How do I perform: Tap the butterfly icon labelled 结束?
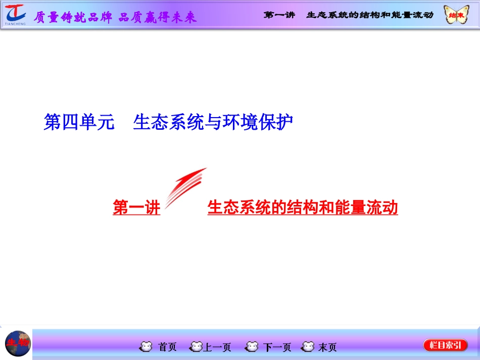(455, 15)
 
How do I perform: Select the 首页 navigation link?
(168, 347)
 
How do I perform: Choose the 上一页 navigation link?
(217, 347)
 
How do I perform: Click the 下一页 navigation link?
(277, 347)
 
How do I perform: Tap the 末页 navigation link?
(327, 347)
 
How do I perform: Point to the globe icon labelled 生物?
(18, 343)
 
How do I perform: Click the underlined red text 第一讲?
(136, 208)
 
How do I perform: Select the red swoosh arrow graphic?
(184, 187)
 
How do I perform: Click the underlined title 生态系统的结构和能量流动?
(303, 208)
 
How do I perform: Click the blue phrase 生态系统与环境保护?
(213, 122)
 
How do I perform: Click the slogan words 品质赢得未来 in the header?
(158, 17)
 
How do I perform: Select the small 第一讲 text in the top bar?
(279, 15)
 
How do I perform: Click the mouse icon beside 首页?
(146, 347)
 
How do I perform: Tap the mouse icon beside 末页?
(307, 347)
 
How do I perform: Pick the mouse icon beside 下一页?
(251, 347)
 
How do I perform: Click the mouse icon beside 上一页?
(196, 347)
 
